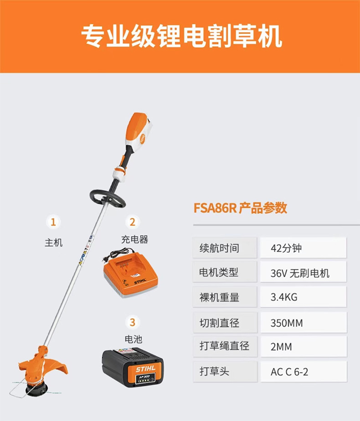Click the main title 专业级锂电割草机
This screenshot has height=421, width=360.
[182, 36]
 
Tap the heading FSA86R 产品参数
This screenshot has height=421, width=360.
[240, 208]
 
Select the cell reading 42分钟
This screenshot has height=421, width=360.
[303, 248]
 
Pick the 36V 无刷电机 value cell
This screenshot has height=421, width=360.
[303, 273]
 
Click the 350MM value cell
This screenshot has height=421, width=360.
[303, 322]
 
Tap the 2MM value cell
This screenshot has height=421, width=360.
[303, 346]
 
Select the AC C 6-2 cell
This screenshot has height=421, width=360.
[303, 372]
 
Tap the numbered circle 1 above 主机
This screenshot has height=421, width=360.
[53, 222]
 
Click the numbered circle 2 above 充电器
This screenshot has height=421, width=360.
[133, 222]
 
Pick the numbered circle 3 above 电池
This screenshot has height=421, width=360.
[133, 322]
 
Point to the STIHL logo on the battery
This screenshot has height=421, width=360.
[146, 369]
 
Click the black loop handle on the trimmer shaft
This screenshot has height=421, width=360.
[107, 198]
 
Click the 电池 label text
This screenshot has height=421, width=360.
[134, 339]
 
